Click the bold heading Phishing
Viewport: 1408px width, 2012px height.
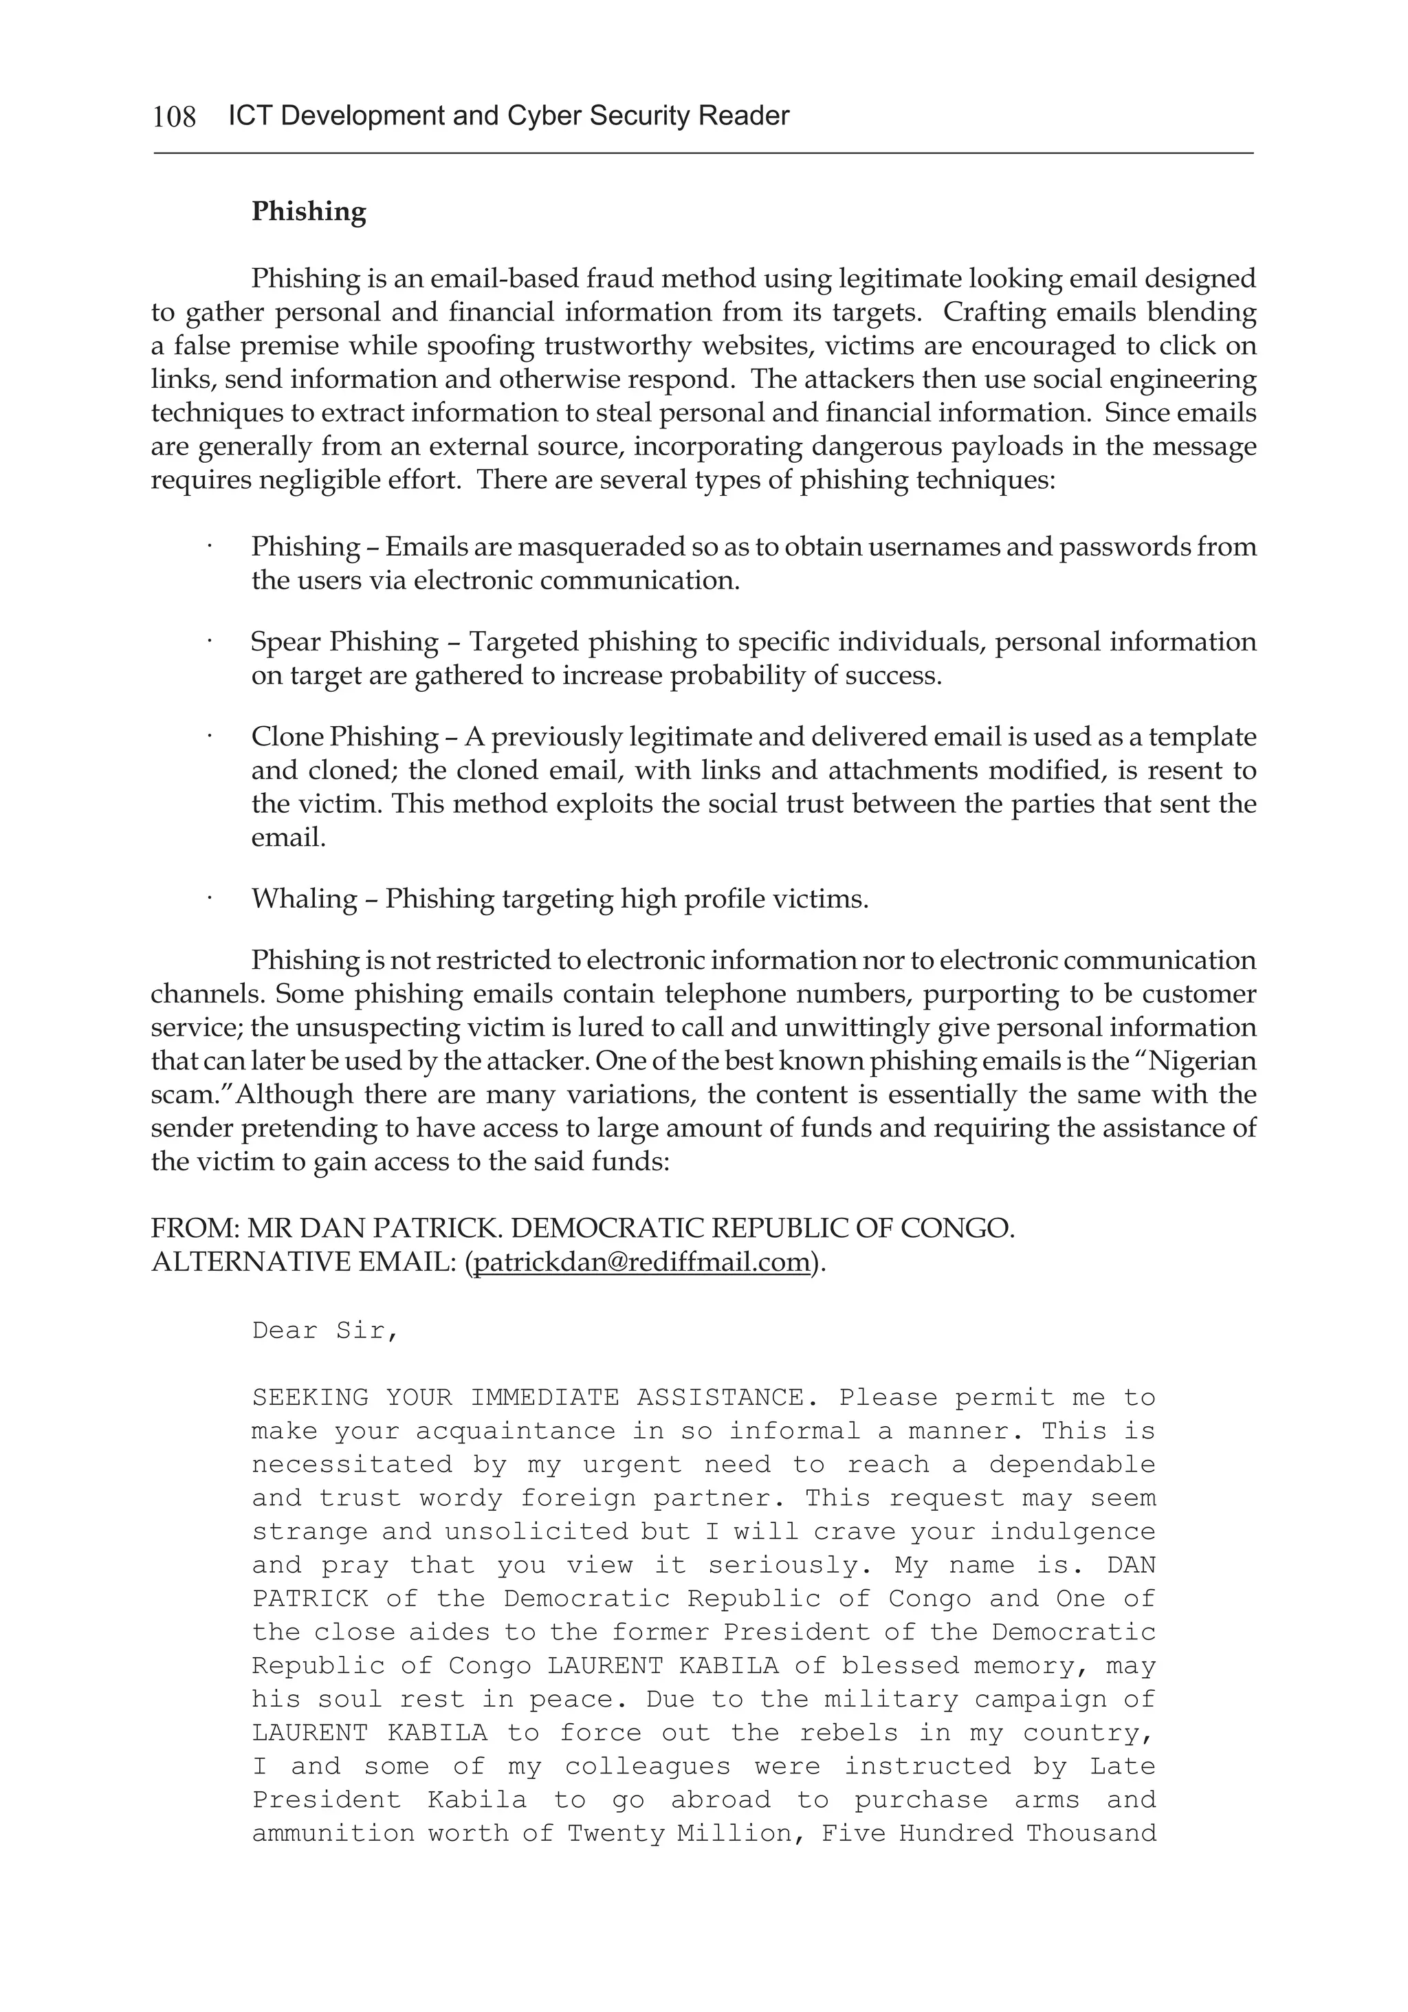(x=309, y=212)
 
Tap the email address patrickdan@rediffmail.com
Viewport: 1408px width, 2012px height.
(x=641, y=1262)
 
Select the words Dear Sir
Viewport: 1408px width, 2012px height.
(x=324, y=1331)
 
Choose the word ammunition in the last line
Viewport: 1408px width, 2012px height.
(x=333, y=1833)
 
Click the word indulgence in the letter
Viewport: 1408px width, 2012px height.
(x=1072, y=1532)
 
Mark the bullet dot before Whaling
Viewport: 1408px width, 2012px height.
(x=210, y=897)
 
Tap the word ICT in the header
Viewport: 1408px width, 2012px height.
(x=249, y=116)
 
